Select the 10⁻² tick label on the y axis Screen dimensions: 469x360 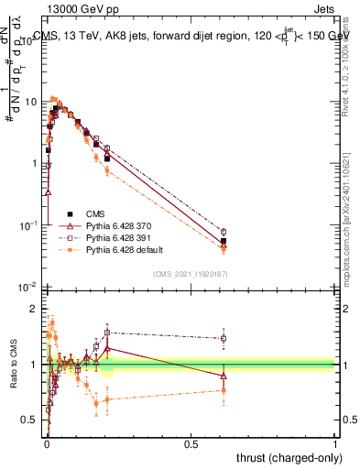(x=29, y=287)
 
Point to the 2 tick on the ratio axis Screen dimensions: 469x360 (x=37, y=309)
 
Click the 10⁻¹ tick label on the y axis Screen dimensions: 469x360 (x=29, y=225)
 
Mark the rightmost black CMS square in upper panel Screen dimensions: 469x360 (x=224, y=241)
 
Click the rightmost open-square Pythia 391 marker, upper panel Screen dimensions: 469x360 (x=224, y=232)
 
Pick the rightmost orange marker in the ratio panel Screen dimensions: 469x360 (x=224, y=390)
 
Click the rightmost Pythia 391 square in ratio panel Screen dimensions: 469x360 (x=224, y=338)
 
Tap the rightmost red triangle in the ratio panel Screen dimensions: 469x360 (x=224, y=376)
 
